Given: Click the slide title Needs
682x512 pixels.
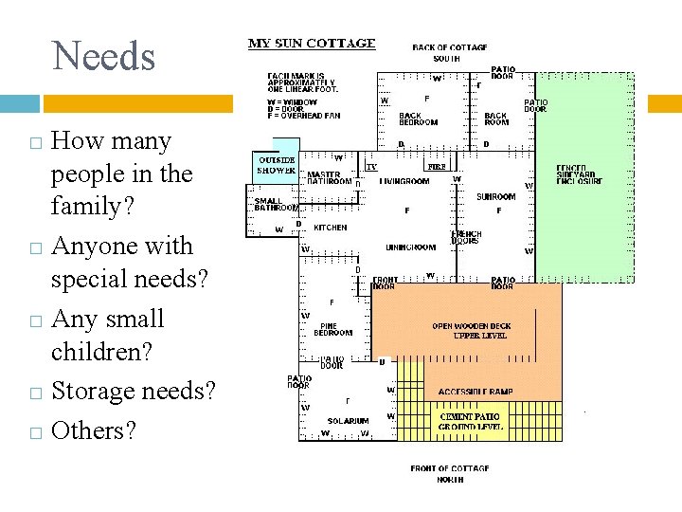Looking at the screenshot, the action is coord(104,56).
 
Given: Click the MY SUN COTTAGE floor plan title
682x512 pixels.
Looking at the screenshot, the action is coord(312,44).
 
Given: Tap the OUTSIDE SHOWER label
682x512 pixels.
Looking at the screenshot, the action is coord(276,165).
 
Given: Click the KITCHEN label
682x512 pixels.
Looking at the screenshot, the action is coord(330,228).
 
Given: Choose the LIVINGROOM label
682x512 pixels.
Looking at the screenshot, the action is coord(404,180).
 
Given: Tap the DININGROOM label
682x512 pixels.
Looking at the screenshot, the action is coord(411,247).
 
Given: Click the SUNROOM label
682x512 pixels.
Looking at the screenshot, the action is coord(495,197).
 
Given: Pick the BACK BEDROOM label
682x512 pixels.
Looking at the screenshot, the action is coord(418,119).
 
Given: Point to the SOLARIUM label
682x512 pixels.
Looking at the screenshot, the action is coord(347,420).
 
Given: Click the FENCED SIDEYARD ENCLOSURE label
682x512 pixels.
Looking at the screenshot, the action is coord(578,174).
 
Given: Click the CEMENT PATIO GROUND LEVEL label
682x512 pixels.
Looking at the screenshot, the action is coord(470,422).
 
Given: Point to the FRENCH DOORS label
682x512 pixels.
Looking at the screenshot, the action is coord(467,237).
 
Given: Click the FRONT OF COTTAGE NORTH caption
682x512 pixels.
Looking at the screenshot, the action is coord(450,473).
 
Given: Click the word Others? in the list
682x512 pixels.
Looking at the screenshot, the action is coord(93,430).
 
